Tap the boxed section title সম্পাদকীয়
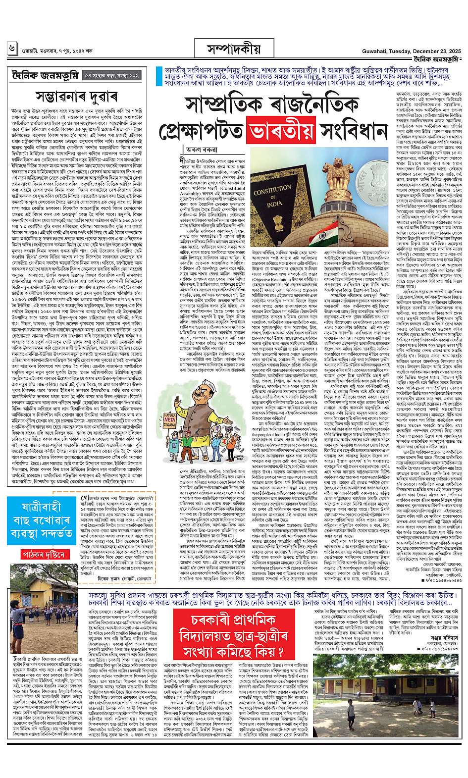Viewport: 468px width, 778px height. (x=233, y=50)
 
